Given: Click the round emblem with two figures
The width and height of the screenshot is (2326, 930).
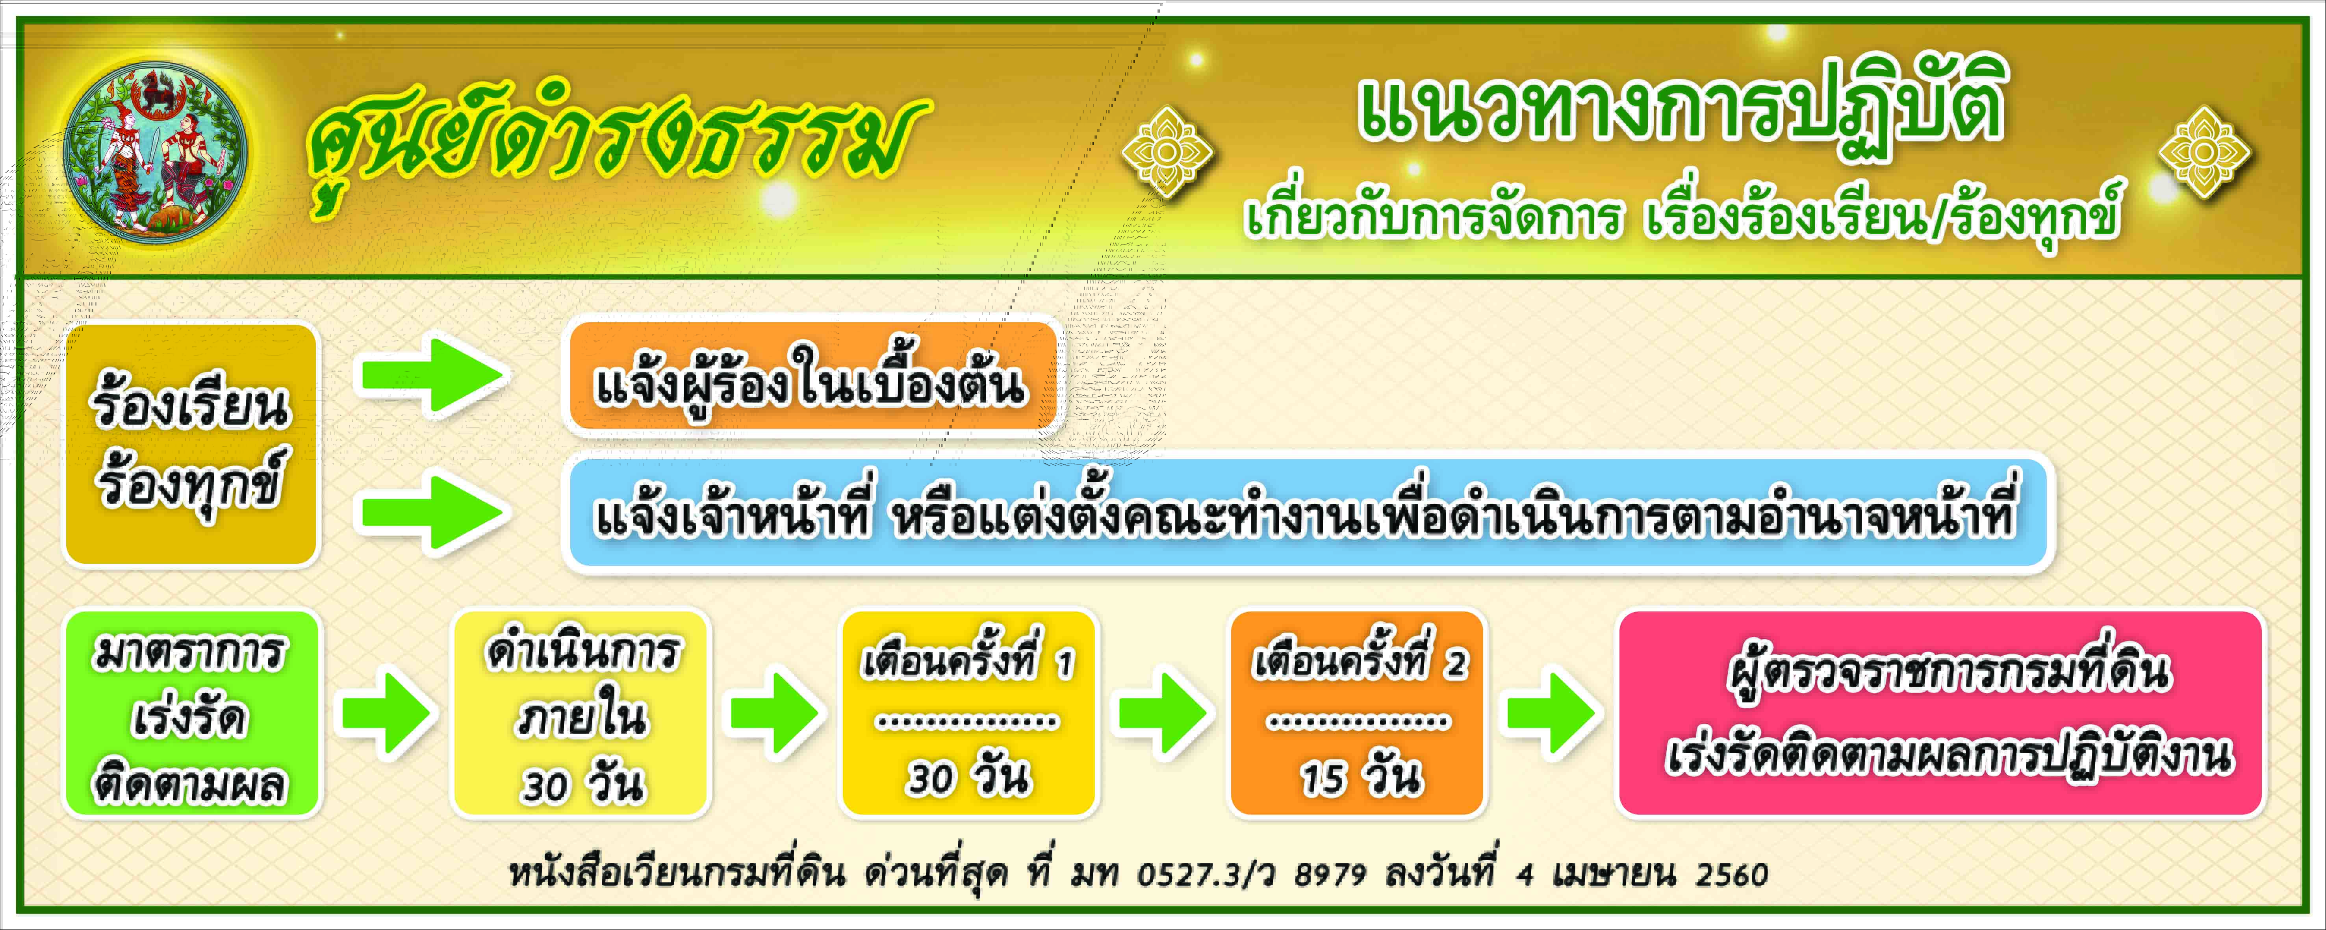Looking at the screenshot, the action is tap(155, 151).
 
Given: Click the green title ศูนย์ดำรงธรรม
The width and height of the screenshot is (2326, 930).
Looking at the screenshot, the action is tap(617, 145).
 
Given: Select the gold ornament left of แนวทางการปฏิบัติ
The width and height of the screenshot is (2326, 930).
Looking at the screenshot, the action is tap(1167, 152).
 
